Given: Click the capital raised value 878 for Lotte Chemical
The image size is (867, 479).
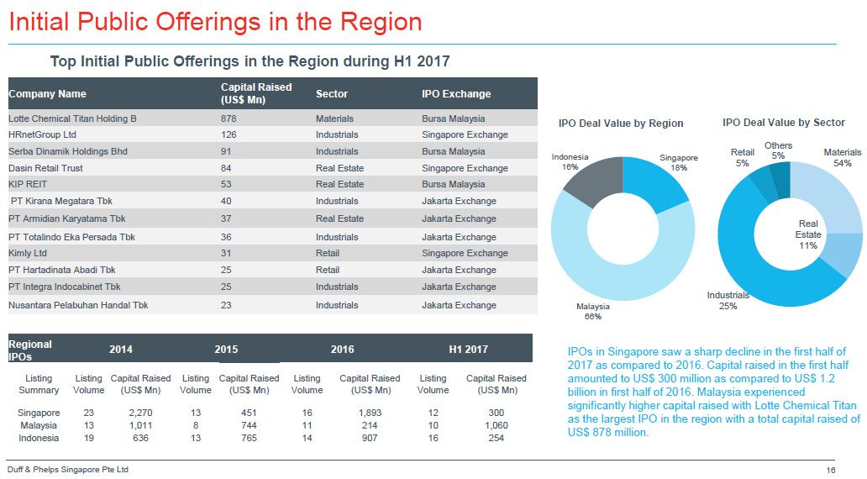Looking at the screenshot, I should point(229,118).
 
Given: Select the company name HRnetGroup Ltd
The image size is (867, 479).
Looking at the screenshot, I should point(42,134).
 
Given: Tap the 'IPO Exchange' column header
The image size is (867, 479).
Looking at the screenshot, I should point(456,94).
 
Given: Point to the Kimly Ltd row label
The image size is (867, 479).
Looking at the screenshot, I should point(28,253).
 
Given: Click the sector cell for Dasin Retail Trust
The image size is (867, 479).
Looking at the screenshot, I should point(339,168).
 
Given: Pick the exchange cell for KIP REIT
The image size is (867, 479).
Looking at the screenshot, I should point(453,184).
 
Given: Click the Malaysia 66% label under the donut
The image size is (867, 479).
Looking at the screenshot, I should point(593,312).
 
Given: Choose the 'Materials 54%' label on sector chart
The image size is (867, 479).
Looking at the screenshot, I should point(842,158).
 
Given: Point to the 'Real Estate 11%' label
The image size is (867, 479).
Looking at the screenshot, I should point(808,234).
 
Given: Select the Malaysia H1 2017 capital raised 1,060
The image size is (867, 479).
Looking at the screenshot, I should point(496,425).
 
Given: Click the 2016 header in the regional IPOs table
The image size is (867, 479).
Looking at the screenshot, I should point(342,349).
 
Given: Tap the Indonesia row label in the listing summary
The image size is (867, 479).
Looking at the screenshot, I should point(39,438).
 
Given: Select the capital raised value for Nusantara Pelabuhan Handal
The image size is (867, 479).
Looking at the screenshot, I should point(226,305).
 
